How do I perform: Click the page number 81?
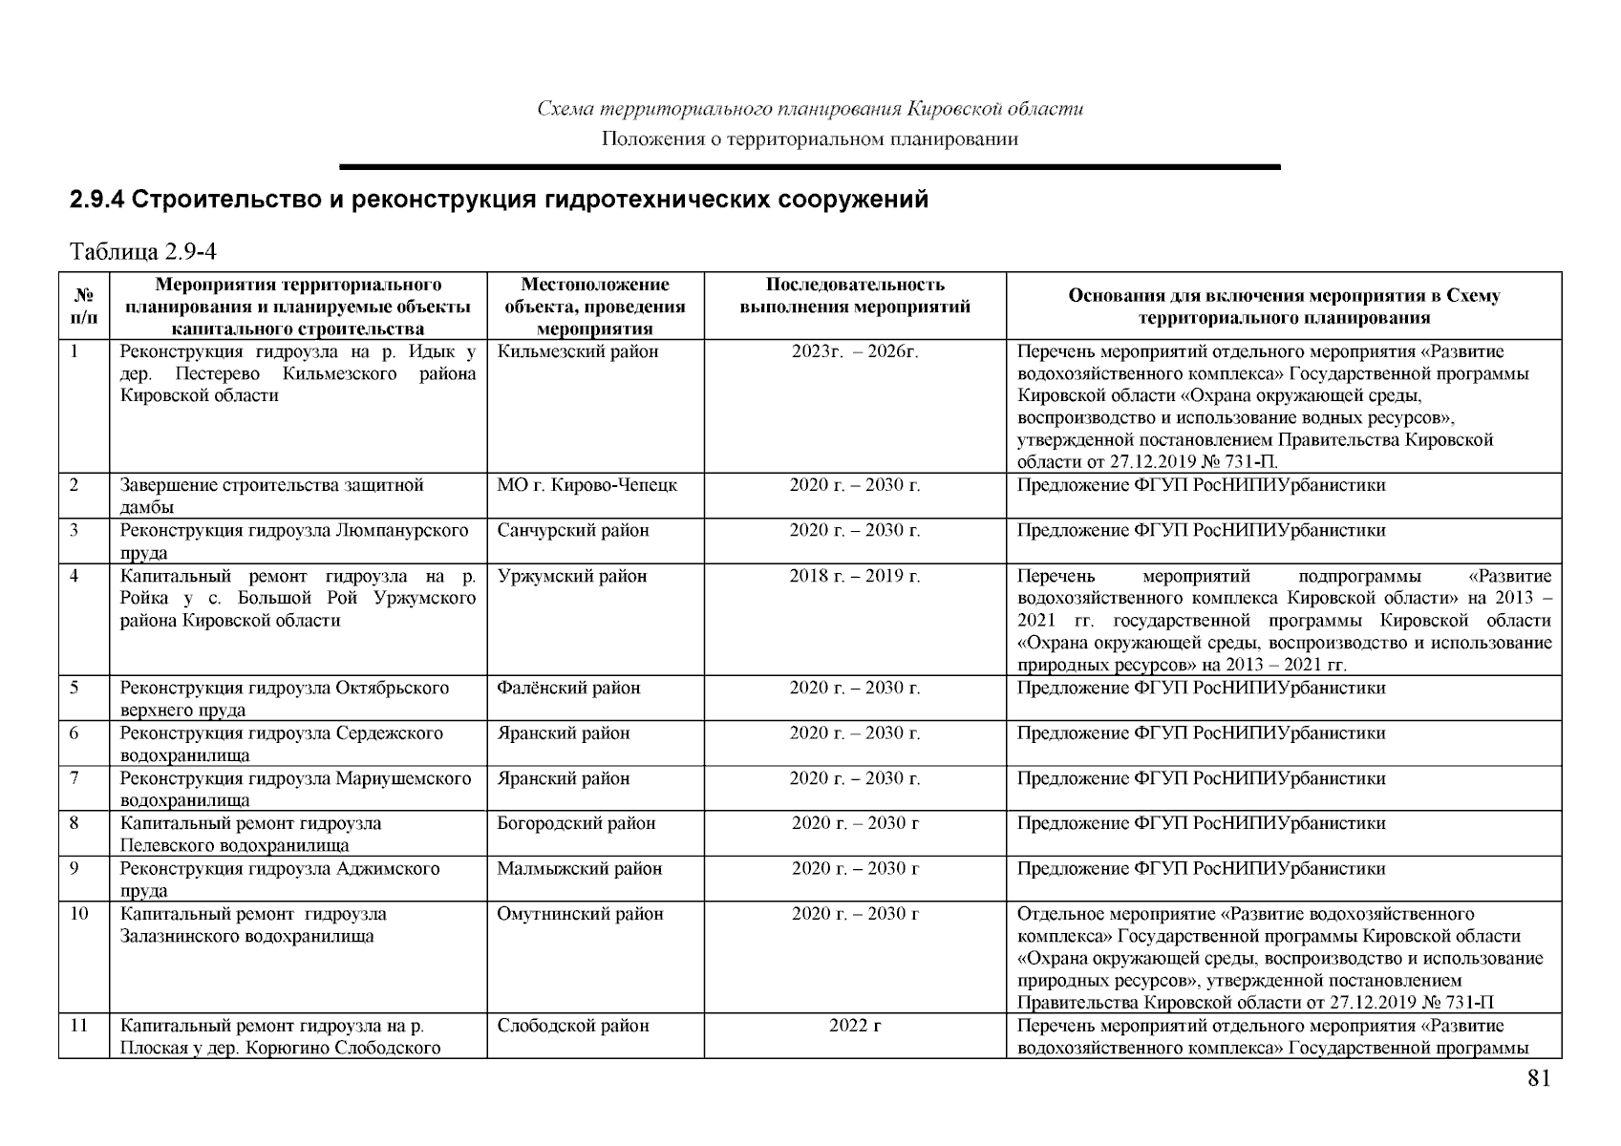click(x=1538, y=1079)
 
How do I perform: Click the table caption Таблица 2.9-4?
click(x=143, y=252)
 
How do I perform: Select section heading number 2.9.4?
click(x=96, y=201)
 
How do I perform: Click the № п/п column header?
click(x=84, y=306)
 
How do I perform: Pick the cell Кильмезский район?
click(x=577, y=351)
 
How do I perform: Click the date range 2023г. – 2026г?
click(x=855, y=351)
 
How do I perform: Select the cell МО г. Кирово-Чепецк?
click(x=587, y=485)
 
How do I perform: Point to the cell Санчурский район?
click(x=572, y=530)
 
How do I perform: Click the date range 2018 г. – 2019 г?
click(x=855, y=576)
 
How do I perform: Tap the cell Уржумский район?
click(x=571, y=576)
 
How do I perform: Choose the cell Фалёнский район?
click(x=568, y=688)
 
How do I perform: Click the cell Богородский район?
click(x=576, y=823)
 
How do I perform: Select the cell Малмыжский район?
click(x=579, y=868)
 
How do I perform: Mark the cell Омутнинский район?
click(x=580, y=914)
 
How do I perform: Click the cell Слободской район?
click(x=572, y=1026)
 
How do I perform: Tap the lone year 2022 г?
click(x=855, y=1026)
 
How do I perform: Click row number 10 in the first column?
click(x=79, y=914)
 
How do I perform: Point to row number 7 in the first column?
click(x=74, y=778)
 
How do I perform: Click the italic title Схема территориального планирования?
click(x=810, y=109)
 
